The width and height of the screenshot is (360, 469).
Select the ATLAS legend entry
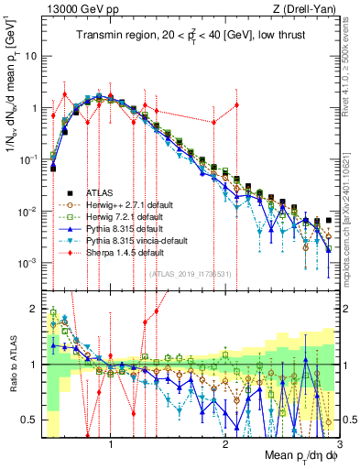point(102,192)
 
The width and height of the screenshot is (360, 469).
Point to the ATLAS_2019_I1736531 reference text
point(191,273)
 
